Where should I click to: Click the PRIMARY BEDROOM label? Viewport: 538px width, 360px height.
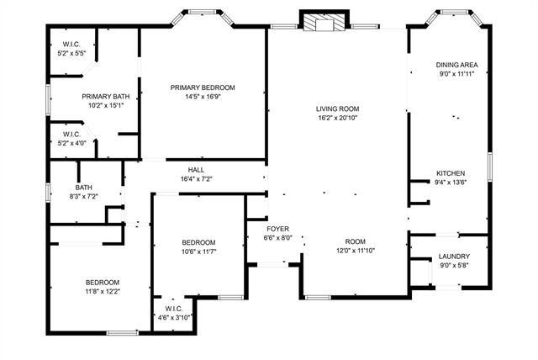pyautogui.click(x=202, y=87)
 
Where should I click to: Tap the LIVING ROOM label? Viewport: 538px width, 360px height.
pyautogui.click(x=337, y=109)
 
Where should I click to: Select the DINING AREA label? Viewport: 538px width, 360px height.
pyautogui.click(x=456, y=65)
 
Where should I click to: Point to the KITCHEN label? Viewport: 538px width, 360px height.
pyautogui.click(x=450, y=173)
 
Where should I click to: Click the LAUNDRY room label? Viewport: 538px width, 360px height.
pyautogui.click(x=454, y=257)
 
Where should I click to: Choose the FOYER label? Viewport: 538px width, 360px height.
pyautogui.click(x=278, y=229)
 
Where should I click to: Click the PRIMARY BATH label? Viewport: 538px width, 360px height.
pyautogui.click(x=105, y=97)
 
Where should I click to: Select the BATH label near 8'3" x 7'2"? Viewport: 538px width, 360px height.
pyautogui.click(x=83, y=188)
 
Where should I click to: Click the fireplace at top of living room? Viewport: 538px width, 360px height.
pyautogui.click(x=319, y=23)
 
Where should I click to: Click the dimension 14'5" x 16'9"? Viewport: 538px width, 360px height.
pyautogui.click(x=202, y=97)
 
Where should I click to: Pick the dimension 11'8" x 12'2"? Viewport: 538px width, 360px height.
pyautogui.click(x=102, y=291)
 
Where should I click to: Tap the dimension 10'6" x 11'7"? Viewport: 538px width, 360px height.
pyautogui.click(x=199, y=251)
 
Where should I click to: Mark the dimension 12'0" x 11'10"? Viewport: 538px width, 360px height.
pyautogui.click(x=356, y=250)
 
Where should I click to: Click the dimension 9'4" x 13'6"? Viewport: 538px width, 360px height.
pyautogui.click(x=450, y=182)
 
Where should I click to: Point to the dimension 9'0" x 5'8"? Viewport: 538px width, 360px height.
pyautogui.click(x=454, y=266)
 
